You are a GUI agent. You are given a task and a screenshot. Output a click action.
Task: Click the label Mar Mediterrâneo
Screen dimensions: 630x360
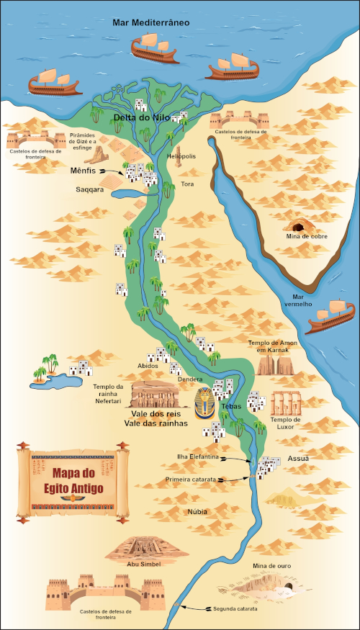coord(151,22)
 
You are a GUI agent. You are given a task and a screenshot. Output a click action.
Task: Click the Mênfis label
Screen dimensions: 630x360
coord(84,171)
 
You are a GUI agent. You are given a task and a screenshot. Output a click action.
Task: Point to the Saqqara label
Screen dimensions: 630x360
coord(91,190)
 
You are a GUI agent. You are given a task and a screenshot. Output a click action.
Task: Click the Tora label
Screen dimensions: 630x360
coord(187,184)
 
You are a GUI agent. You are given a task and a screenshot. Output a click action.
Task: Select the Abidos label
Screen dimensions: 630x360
coord(148,366)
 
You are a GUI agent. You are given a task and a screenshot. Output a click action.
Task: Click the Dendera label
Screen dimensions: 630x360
coord(189,379)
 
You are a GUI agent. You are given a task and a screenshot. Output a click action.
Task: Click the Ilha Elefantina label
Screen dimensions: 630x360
coord(198,456)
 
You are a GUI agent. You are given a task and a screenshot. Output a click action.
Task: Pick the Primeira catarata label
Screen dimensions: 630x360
coord(191,478)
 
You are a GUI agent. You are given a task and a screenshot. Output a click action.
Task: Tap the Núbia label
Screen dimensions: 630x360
coord(197,512)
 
